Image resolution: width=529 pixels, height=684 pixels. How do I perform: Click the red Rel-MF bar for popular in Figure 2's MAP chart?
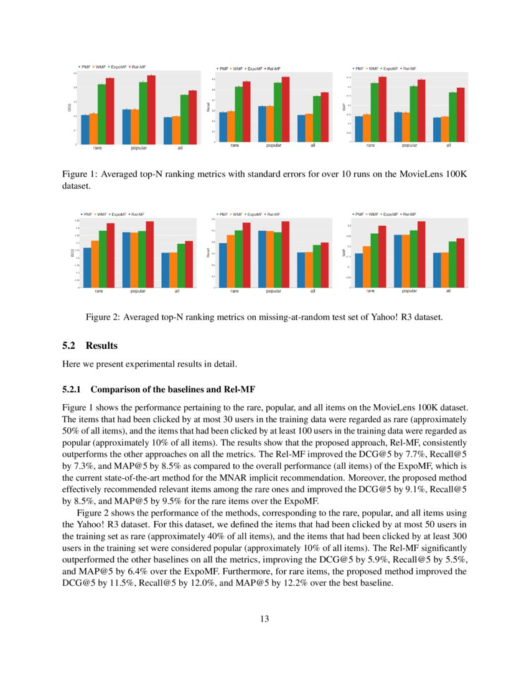[x=421, y=254]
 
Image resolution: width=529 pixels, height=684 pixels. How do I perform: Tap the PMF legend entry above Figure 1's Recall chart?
[x=223, y=68]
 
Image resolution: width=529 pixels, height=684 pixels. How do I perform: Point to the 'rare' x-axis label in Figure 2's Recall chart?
[x=235, y=291]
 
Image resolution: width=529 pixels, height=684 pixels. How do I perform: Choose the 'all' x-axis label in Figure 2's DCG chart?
[x=177, y=291]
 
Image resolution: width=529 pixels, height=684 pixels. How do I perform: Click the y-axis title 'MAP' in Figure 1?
[x=344, y=108]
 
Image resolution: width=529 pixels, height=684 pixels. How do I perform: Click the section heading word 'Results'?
[x=101, y=346]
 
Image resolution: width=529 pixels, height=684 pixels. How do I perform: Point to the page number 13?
[x=264, y=619]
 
